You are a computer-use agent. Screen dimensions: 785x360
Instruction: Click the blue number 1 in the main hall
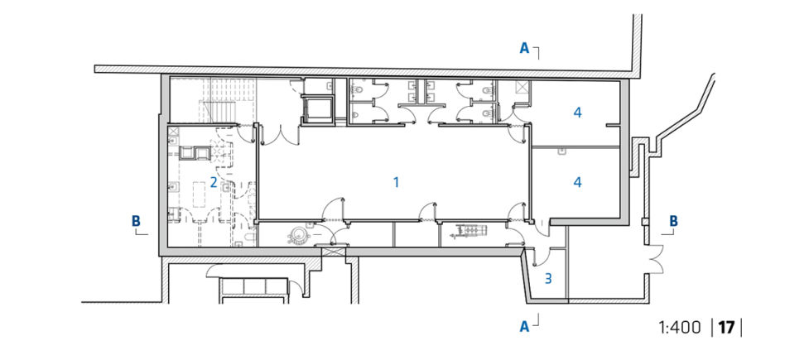[x=396, y=182]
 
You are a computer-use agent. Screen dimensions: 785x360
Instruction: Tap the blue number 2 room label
[x=214, y=182]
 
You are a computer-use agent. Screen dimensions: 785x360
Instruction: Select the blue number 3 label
[x=548, y=278]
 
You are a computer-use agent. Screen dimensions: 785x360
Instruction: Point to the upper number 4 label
[x=578, y=113]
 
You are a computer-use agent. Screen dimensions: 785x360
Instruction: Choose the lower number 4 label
[x=578, y=182]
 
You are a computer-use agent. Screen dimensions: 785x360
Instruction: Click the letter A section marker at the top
[x=524, y=48]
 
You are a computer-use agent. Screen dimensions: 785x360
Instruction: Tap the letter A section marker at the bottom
[x=524, y=326]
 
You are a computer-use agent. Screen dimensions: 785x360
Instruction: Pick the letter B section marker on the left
[x=136, y=221]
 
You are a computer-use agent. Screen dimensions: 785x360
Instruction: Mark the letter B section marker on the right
[x=674, y=221]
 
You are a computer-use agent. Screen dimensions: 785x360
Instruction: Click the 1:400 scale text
[x=681, y=328]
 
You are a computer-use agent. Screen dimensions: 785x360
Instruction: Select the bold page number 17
[x=726, y=328]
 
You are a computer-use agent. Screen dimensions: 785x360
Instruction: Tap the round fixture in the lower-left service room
[x=300, y=235]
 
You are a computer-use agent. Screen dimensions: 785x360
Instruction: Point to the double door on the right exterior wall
[x=656, y=258]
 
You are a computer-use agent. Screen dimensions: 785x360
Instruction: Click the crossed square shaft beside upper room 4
[x=522, y=87]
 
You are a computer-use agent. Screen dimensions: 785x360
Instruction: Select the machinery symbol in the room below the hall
[x=470, y=229]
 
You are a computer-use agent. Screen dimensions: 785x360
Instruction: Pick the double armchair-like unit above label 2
[x=195, y=153]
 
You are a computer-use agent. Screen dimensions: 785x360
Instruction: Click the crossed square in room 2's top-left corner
[x=174, y=131]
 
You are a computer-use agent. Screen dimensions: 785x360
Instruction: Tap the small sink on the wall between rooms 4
[x=563, y=150]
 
